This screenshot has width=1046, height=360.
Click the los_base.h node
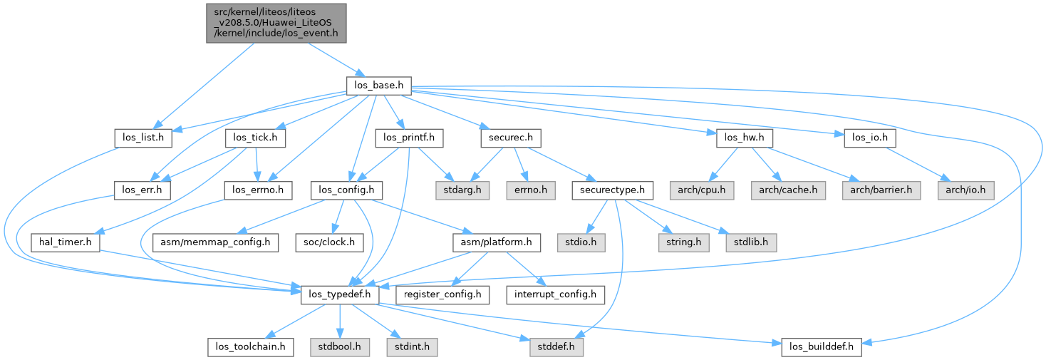coord(378,86)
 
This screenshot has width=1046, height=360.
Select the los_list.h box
coord(143,138)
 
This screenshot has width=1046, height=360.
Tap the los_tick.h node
coord(255,138)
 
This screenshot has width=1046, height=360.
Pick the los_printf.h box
coord(409,138)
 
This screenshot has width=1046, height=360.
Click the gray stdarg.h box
coord(459,190)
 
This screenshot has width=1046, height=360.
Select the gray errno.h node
coord(526,190)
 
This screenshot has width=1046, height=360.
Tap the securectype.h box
coord(613,190)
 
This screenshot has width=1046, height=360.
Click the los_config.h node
coord(346,190)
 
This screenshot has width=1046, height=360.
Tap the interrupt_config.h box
coord(555,294)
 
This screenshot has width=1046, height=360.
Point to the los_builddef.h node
coord(822,347)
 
